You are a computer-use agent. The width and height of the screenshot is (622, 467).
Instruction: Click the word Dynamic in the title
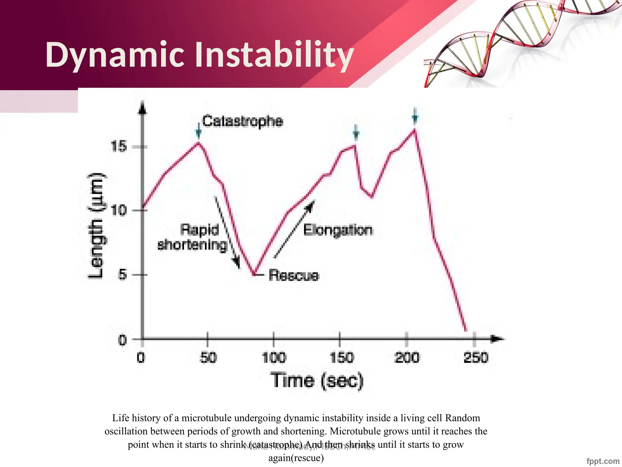coord(115,55)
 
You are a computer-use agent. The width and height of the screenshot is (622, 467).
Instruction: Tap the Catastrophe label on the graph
coord(242,121)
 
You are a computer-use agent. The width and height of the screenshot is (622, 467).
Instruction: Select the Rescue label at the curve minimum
coord(294,275)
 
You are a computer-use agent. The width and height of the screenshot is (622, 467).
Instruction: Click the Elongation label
coord(338,230)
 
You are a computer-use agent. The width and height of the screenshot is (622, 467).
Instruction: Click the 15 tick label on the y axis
coord(118,147)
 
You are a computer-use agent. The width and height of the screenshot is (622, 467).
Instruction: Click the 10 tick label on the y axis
coord(118,210)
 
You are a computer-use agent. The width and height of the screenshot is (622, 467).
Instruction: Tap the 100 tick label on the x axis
coord(274,358)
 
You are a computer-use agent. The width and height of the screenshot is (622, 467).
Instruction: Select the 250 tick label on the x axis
coord(476,358)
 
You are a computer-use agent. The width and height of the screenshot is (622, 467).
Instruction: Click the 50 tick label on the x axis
coord(208,358)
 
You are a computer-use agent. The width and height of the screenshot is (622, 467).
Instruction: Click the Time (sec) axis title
coord(317,381)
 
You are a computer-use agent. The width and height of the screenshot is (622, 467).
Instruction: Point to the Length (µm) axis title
coord(97,226)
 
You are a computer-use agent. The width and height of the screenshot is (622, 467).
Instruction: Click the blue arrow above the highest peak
coord(415,116)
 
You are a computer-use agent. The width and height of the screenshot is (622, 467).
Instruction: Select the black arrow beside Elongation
coord(294,229)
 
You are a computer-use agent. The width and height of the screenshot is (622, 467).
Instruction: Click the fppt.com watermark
coord(603,461)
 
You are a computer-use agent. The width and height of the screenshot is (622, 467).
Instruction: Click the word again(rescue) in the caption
coord(296,458)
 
